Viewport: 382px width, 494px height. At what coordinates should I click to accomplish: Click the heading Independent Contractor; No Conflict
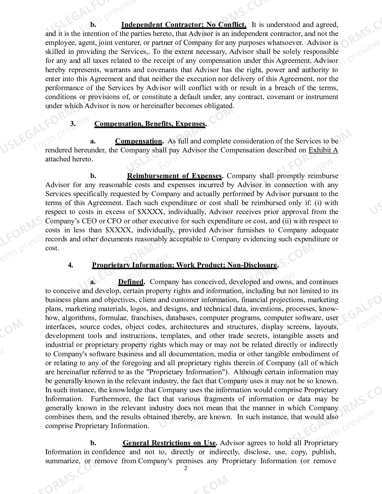[x=184, y=25]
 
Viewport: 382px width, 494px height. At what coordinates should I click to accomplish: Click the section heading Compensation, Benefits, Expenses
[x=150, y=124]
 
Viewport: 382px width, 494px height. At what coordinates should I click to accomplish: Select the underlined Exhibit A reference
[x=323, y=150]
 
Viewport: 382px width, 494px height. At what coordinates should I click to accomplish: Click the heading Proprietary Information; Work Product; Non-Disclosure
[x=184, y=265]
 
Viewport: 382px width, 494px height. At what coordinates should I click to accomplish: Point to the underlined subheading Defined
[x=131, y=282]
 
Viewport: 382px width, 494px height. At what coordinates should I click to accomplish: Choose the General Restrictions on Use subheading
[x=169, y=443]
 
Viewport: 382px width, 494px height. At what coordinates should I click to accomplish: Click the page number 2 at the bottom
[x=185, y=468]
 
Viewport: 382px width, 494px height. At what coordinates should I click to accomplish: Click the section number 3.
[x=73, y=124]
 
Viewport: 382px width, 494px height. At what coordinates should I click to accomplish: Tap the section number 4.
[x=71, y=265]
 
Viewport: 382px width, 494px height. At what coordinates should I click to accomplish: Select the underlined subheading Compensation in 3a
[x=138, y=141]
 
